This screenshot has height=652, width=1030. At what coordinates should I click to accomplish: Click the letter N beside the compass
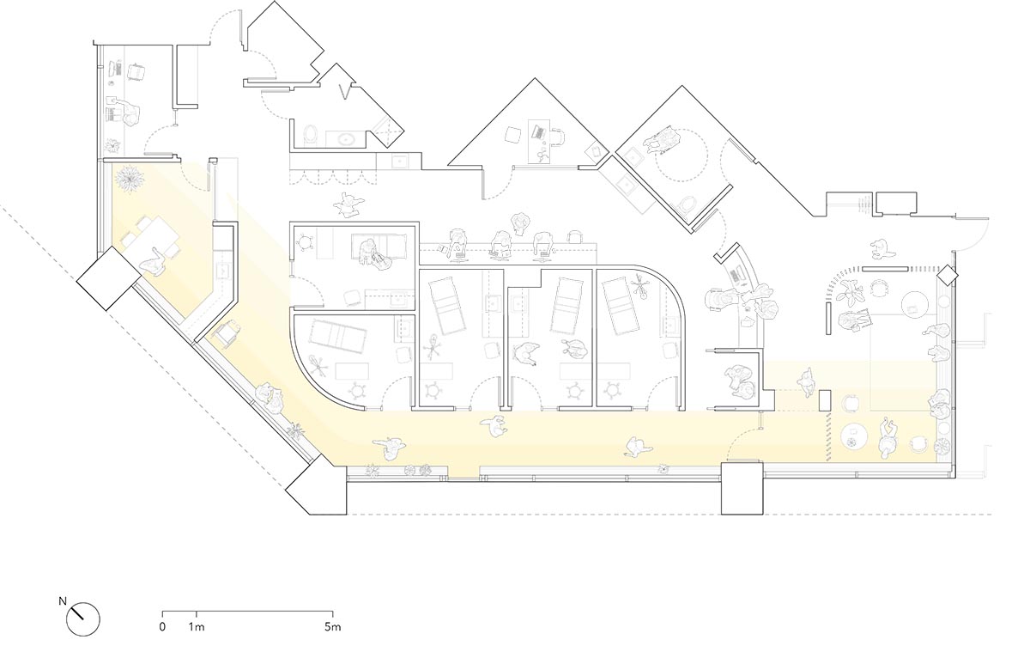pyautogui.click(x=63, y=601)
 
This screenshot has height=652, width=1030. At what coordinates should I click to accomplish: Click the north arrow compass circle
pyautogui.click(x=82, y=619)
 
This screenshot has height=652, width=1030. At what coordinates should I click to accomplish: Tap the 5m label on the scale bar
pyautogui.click(x=333, y=627)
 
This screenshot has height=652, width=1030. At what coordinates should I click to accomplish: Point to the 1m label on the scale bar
pyautogui.click(x=197, y=627)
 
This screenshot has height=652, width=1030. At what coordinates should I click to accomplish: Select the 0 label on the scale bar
pyautogui.click(x=162, y=627)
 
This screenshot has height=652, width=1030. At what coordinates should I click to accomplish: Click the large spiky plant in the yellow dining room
pyautogui.click(x=130, y=178)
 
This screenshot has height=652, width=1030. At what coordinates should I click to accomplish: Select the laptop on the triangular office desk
pyautogui.click(x=538, y=132)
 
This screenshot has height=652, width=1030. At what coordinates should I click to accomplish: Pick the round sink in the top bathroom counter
pyautogui.click(x=344, y=138)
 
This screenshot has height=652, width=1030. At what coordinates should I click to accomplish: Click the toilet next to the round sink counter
pyautogui.click(x=312, y=135)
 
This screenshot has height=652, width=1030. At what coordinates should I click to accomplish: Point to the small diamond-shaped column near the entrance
pyautogui.click(x=948, y=276)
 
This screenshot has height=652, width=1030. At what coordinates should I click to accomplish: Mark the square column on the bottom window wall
pyautogui.click(x=742, y=488)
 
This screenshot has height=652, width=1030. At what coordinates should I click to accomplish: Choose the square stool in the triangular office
pyautogui.click(x=513, y=135)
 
